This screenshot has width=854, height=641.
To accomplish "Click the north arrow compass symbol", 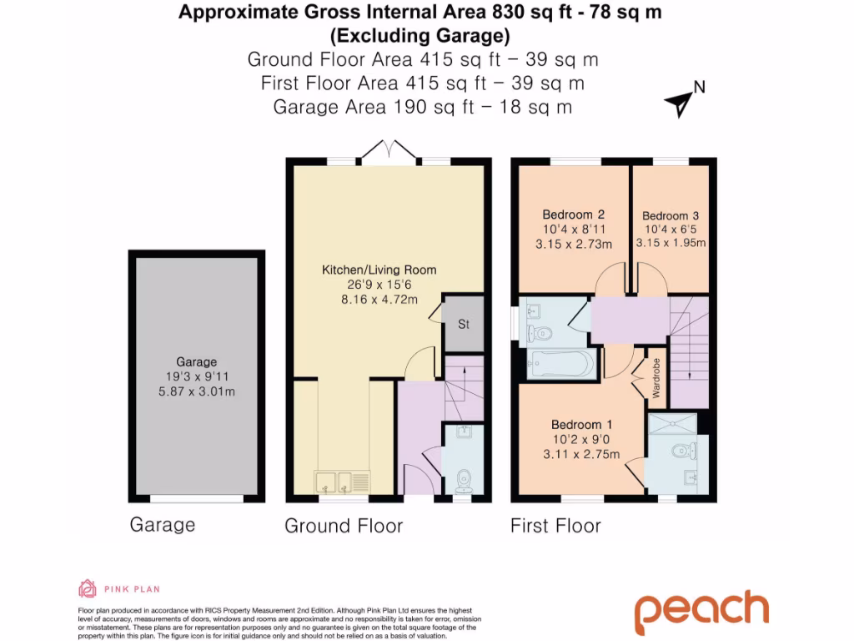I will pyautogui.click(x=680, y=103).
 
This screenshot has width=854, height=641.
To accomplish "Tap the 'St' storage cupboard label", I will pyautogui.click(x=464, y=324).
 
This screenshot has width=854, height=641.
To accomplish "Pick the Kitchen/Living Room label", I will pyautogui.click(x=379, y=270).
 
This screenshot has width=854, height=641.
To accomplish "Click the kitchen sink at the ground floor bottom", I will pyautogui.click(x=342, y=482).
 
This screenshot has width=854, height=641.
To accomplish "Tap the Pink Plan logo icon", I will pyautogui.click(x=88, y=589).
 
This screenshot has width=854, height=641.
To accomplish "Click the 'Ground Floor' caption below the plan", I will pyautogui.click(x=344, y=526).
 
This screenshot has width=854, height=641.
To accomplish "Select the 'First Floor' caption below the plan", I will pyautogui.click(x=555, y=526).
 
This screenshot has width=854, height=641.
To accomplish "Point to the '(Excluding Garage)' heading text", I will pyautogui.click(x=420, y=36).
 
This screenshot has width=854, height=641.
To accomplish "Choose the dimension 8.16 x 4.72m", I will pyautogui.click(x=379, y=299).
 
